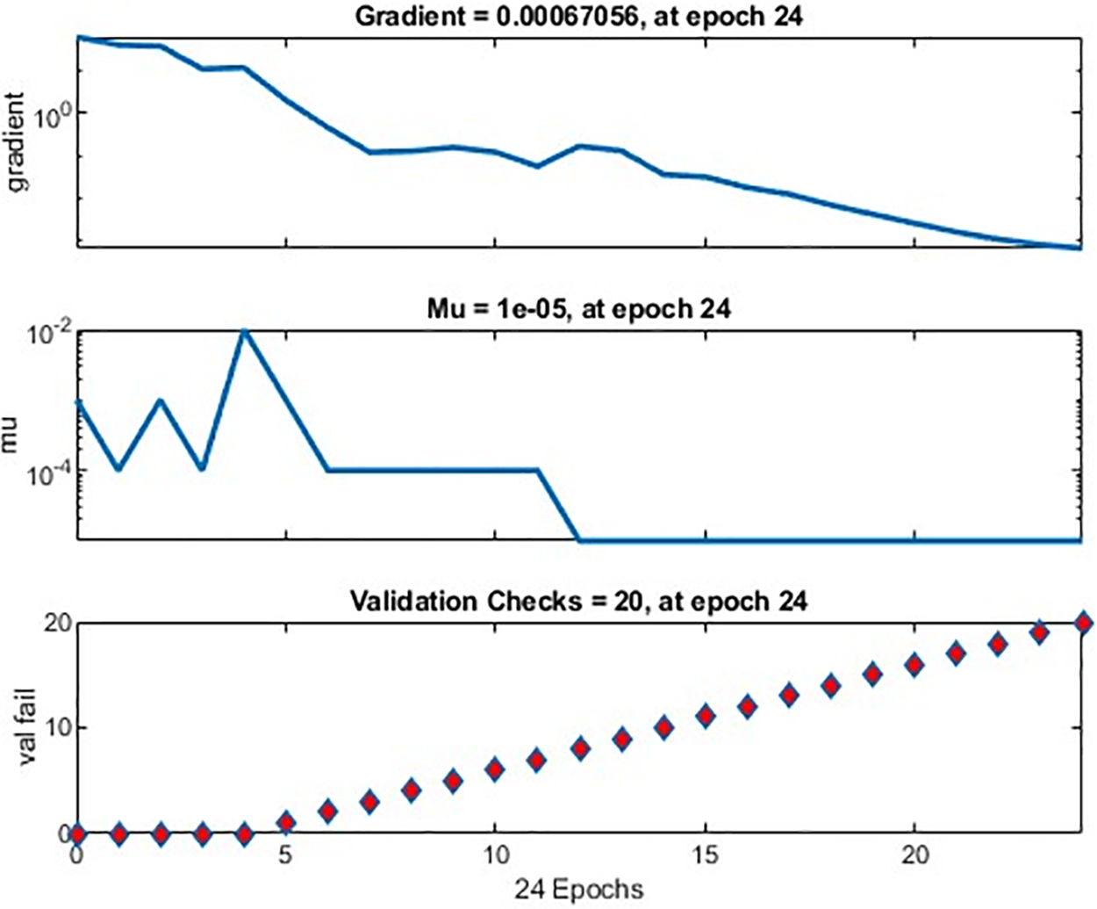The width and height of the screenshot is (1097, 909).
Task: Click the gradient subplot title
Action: [578, 16]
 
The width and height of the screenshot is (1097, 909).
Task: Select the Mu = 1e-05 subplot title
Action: [578, 309]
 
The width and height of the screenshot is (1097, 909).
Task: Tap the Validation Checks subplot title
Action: [578, 601]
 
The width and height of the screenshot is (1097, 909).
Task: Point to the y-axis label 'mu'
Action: [11, 436]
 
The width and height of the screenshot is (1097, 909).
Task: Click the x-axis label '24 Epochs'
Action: [578, 888]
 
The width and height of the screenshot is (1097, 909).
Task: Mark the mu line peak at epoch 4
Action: [245, 332]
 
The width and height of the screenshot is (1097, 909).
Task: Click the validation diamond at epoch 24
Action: [1082, 623]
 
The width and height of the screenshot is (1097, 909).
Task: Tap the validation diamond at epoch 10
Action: [495, 770]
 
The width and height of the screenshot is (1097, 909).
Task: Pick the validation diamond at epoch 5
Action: [286, 823]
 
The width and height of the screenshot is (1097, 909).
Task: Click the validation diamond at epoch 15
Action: [705, 716]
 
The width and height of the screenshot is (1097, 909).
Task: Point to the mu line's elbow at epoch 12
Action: [579, 539]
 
